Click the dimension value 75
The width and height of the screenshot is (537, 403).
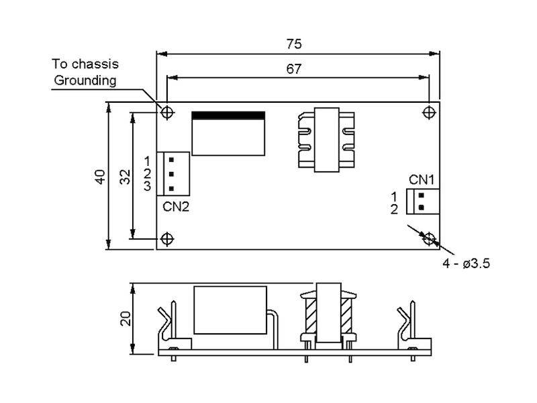(294, 44)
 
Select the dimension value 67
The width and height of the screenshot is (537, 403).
(294, 69)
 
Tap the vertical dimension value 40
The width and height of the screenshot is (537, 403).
(99, 177)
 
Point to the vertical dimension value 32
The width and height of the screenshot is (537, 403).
(124, 177)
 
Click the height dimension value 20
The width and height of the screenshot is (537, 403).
(124, 318)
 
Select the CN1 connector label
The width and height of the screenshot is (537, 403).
(422, 180)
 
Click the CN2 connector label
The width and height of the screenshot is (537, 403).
(176, 206)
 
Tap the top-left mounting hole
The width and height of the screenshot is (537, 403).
(167, 111)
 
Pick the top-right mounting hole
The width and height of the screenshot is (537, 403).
(429, 111)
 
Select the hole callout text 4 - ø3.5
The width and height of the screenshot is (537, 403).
(466, 264)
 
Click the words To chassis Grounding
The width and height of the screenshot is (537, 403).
(85, 73)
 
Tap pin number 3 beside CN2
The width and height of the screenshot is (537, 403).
(148, 186)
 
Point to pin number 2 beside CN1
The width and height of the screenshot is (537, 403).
(394, 209)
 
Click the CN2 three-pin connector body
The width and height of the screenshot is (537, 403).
(173, 173)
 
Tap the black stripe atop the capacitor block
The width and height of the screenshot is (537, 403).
(228, 116)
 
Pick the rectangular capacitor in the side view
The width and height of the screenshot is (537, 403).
(230, 310)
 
